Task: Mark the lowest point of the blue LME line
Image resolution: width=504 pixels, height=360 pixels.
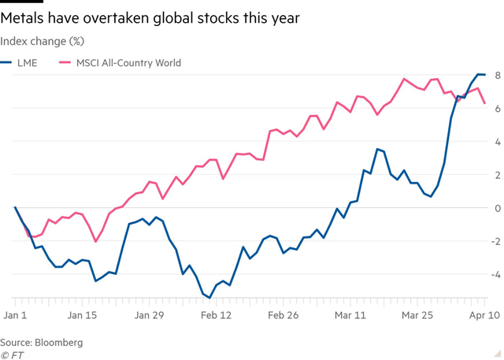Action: click(x=209, y=297)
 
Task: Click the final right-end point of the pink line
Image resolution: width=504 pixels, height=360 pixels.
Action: click(x=485, y=103)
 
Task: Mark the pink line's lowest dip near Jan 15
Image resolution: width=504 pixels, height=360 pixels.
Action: click(x=96, y=241)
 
